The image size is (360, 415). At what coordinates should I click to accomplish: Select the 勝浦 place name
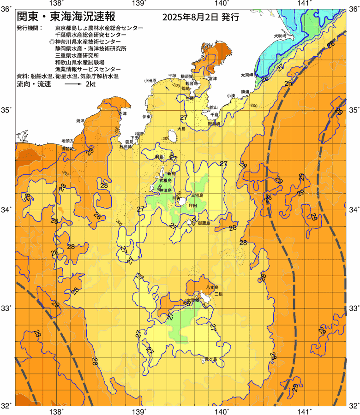pyautogui.click(x=245, y=92)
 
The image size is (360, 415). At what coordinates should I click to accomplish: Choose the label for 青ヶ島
pyautogui.click(x=211, y=359)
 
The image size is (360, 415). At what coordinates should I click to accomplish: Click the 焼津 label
pyautogui.click(x=80, y=120)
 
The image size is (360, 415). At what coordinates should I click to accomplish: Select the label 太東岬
pyautogui.click(x=247, y=75)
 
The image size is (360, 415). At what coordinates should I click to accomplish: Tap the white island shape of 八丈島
pyautogui.click(x=203, y=297)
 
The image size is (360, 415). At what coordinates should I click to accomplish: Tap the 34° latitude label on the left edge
pyautogui.click(x=6, y=209)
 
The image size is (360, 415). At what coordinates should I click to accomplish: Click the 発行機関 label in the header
pyautogui.click(x=28, y=28)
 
